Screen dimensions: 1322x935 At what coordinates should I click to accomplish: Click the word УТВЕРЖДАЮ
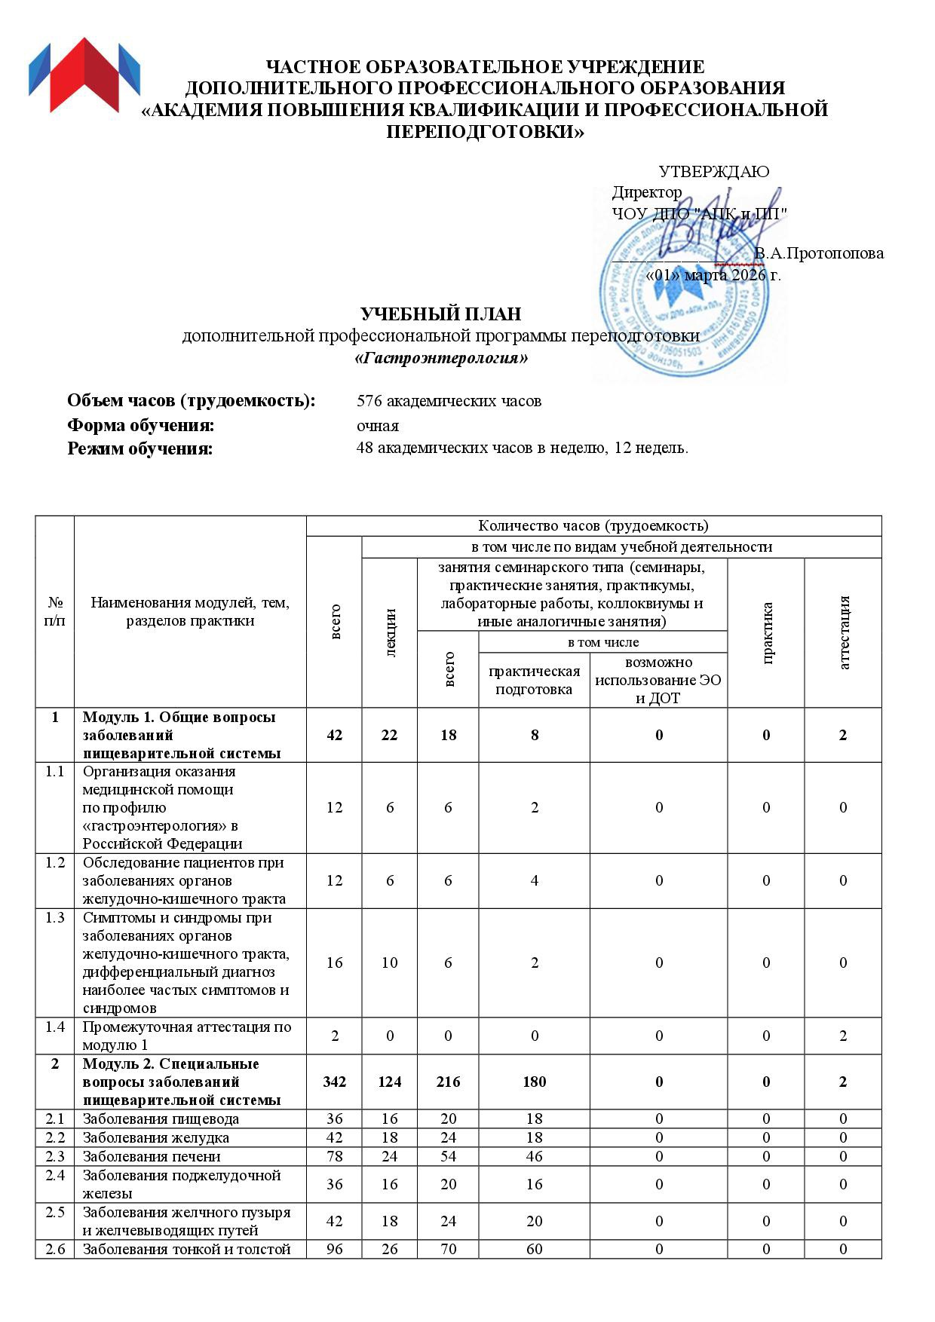tap(713, 172)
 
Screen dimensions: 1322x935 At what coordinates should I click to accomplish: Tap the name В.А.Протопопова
tap(819, 253)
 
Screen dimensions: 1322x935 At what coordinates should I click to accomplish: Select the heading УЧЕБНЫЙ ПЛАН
tap(440, 314)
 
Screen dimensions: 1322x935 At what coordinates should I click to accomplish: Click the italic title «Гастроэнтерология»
tap(441, 358)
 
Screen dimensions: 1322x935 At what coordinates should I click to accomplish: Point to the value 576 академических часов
tap(449, 401)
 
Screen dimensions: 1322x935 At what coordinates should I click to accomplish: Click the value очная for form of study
tap(378, 425)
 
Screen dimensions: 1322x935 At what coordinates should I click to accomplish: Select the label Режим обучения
tap(140, 449)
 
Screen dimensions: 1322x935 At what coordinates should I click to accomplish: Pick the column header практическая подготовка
tap(534, 680)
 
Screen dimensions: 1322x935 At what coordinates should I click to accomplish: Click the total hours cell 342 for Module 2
tap(334, 1082)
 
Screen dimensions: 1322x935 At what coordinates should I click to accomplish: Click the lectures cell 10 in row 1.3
tap(389, 962)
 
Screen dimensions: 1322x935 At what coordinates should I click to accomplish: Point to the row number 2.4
tap(55, 1175)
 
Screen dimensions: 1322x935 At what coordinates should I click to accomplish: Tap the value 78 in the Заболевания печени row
tap(334, 1156)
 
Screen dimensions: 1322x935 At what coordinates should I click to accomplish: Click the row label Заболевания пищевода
tap(161, 1118)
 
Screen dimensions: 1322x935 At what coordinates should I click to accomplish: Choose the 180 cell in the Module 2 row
tap(534, 1082)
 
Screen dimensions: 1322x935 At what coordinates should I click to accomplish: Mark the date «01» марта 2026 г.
tap(713, 274)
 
